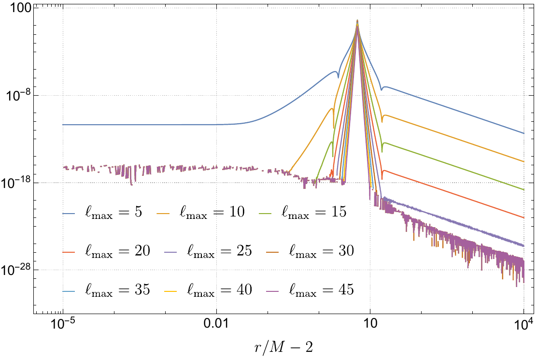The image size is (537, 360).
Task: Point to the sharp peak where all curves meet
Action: (357, 21)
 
